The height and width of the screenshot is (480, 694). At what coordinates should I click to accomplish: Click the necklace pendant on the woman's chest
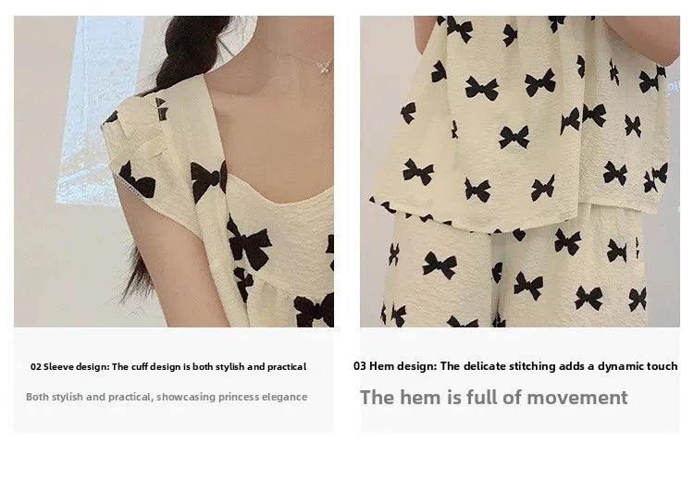324,66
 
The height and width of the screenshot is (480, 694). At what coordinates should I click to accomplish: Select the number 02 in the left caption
36,367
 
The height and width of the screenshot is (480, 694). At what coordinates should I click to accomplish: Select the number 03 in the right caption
359,366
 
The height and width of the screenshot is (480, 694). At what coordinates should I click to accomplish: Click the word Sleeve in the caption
60,367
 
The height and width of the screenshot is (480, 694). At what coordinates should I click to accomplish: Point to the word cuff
140,367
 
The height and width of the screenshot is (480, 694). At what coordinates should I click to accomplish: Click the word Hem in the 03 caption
381,366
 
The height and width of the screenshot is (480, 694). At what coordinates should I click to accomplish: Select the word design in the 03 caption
416,366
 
